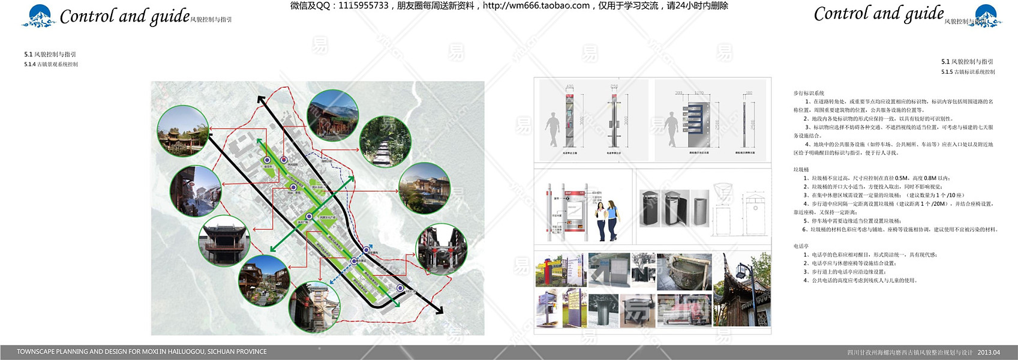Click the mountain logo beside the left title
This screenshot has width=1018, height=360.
coord(39,16)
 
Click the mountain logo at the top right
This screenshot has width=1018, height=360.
coord(988,16)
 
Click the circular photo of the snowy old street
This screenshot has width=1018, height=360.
coord(196,191)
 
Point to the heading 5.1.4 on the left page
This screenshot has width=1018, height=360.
coord(51,64)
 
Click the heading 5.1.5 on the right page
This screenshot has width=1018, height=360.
coord(968,72)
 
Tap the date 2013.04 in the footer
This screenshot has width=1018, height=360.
coord(989,352)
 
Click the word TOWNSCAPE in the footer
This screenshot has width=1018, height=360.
coord(35,352)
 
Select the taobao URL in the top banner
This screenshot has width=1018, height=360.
coord(536,5)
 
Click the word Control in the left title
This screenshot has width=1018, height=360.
coord(87,16)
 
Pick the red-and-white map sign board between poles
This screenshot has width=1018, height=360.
coord(572,211)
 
